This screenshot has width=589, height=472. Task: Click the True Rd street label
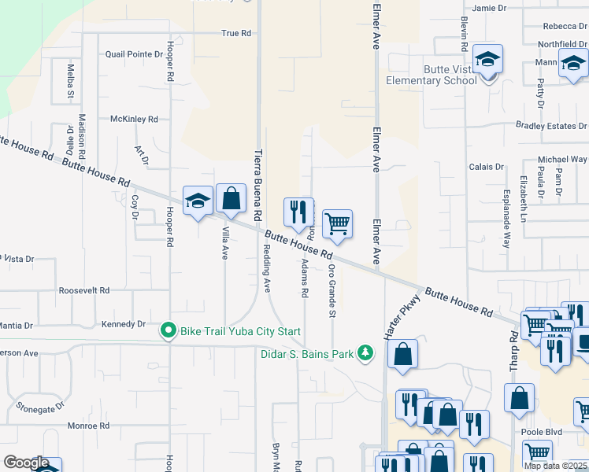click(235, 33)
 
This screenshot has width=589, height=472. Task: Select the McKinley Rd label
click(134, 119)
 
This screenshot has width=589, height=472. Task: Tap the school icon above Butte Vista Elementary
click(487, 61)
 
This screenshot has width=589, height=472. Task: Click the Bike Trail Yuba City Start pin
click(167, 330)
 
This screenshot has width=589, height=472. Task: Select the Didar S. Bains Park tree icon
click(365, 352)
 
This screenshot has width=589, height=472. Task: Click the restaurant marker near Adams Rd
click(298, 213)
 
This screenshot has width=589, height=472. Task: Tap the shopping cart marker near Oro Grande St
click(337, 224)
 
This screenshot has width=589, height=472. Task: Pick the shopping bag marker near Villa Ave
click(231, 199)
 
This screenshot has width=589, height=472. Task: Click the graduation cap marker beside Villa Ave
click(198, 201)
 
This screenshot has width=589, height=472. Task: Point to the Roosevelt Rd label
click(84, 290)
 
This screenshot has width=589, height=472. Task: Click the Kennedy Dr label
click(124, 324)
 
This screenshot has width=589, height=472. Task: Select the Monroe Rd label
click(88, 426)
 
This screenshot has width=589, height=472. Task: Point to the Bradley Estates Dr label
click(551, 125)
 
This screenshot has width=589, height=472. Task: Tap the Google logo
click(26, 463)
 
